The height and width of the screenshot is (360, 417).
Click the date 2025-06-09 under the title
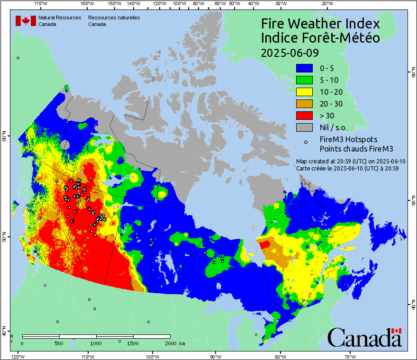[290, 52]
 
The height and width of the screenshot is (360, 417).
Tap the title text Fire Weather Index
[320, 24]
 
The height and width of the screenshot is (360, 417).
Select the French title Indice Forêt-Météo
[320, 38]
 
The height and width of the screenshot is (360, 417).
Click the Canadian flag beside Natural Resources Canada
[25, 20]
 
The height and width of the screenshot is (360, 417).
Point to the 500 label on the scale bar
[58, 342]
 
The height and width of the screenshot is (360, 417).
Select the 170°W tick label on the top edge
[41, 4]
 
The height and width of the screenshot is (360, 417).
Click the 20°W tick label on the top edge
[326, 4]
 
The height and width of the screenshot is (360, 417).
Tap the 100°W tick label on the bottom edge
[152, 356]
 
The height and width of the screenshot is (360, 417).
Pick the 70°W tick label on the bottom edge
[349, 356]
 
